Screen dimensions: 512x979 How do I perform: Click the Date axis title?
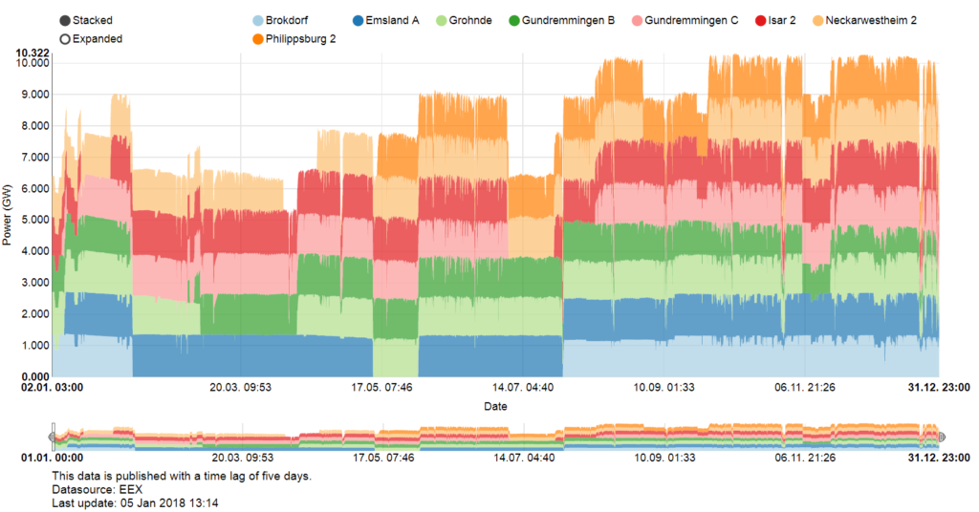click(x=495, y=407)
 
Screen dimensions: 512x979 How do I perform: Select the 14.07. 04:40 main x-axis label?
click(x=522, y=388)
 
